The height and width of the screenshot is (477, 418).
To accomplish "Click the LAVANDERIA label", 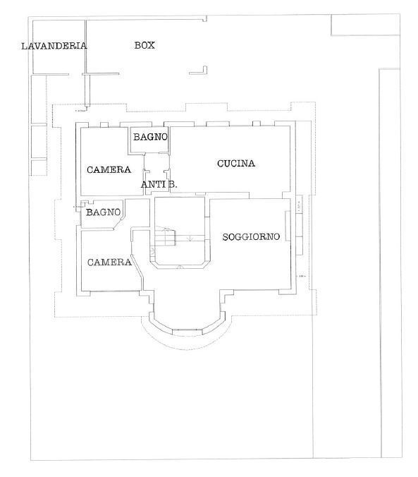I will pos(54,46).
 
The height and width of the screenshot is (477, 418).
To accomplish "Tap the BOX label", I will pos(145,45).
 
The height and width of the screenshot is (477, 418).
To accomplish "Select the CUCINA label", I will pos(235,164).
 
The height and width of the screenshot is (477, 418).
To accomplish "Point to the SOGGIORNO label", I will pos(252,236).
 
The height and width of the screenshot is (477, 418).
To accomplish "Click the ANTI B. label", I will pos(159,184).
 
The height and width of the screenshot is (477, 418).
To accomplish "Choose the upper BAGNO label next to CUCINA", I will pos(150,136).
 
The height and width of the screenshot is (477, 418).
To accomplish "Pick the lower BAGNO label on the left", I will pos(104,212).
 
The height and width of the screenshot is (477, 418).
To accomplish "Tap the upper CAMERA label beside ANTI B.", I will pos(109,169).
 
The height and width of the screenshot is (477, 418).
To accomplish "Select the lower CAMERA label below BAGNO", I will pos(109,262).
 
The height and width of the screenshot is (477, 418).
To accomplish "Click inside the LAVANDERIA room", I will pos(56,62).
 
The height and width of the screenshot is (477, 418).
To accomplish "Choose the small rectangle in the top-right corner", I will pos(364,25).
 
